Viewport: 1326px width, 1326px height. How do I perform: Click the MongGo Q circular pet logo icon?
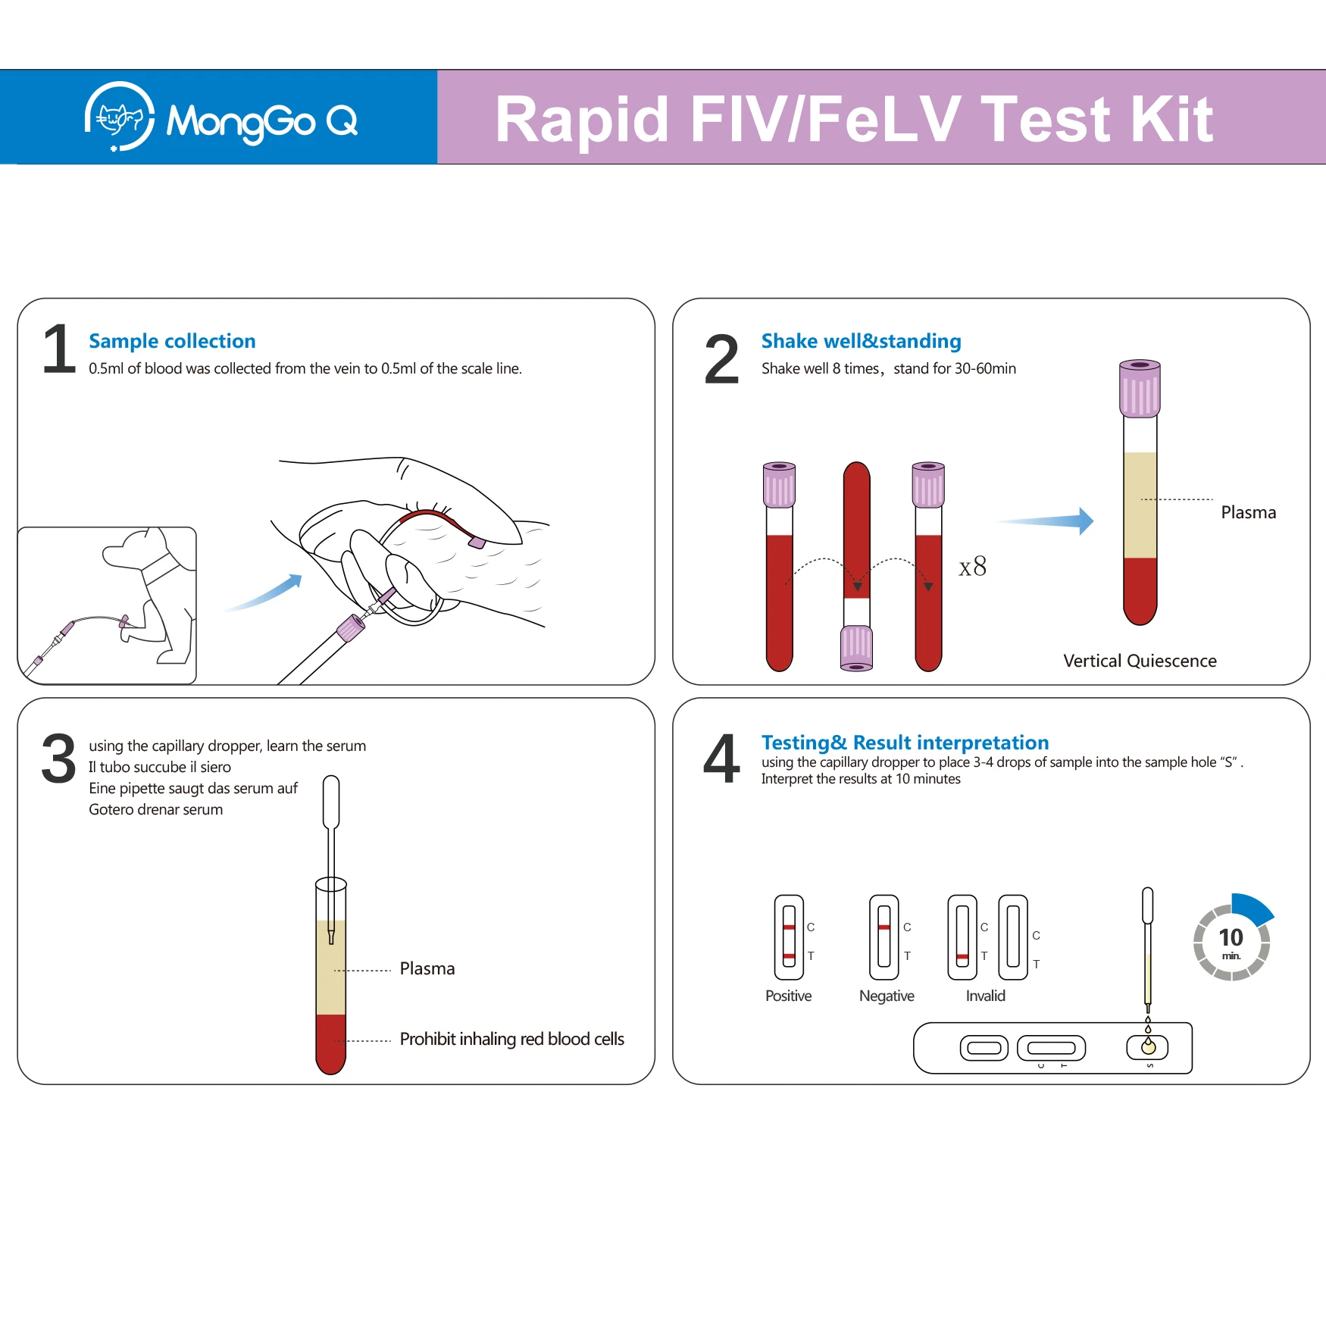(x=120, y=117)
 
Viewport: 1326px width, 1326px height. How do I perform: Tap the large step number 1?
(x=59, y=349)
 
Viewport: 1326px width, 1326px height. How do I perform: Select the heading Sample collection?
(x=172, y=341)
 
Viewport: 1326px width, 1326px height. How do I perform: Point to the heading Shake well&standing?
(x=861, y=341)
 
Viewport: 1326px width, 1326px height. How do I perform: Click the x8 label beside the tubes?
(x=972, y=566)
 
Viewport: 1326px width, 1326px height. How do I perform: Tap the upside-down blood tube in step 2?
(x=857, y=566)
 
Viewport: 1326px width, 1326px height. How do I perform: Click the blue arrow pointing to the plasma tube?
(x=1046, y=521)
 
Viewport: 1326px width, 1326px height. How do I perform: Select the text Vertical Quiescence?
(x=1140, y=661)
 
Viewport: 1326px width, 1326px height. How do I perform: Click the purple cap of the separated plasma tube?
(x=1140, y=388)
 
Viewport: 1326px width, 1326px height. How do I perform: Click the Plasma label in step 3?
(x=427, y=968)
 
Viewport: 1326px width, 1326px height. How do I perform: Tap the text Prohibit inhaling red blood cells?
(x=512, y=1039)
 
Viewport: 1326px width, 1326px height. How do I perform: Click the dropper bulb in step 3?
(x=331, y=802)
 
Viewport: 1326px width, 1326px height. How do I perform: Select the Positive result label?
(x=788, y=996)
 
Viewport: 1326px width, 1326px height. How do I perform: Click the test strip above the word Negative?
(x=884, y=937)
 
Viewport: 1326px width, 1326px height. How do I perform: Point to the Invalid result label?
(x=985, y=996)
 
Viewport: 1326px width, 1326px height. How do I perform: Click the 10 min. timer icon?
(x=1232, y=938)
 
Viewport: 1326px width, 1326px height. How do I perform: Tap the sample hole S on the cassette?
(x=1148, y=1048)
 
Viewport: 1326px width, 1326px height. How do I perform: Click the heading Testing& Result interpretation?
(x=905, y=743)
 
